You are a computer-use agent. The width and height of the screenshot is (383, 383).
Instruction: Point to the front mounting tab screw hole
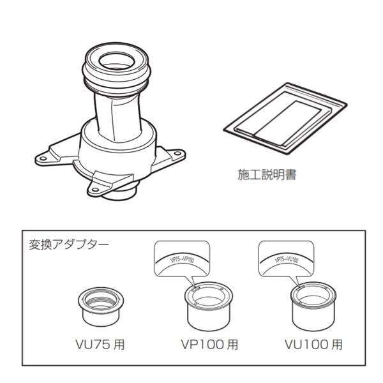click(x=101, y=186)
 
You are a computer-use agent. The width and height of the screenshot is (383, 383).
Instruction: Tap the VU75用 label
click(x=100, y=345)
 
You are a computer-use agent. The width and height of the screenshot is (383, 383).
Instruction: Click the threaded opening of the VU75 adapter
click(x=100, y=296)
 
